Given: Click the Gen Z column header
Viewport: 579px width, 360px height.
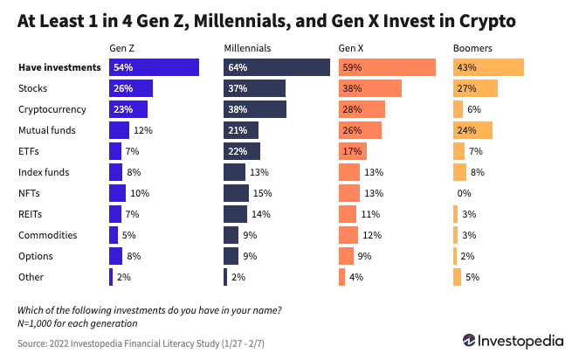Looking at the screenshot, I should pyautogui.click(x=121, y=48).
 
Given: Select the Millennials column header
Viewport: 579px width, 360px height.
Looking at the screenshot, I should pyautogui.click(x=247, y=48).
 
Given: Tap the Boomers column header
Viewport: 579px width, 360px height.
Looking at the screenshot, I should pyautogui.click(x=472, y=48).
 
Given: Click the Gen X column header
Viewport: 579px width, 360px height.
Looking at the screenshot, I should pyautogui.click(x=353, y=48).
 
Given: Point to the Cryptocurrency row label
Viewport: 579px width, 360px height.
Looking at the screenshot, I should pyautogui.click(x=52, y=109).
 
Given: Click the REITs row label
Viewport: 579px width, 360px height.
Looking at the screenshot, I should pyautogui.click(x=31, y=214).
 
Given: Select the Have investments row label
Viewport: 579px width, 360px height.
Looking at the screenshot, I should pyautogui.click(x=59, y=67).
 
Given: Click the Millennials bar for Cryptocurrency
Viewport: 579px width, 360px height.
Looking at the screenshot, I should pyautogui.click(x=255, y=109).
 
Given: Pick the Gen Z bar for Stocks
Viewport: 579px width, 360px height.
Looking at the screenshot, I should pyautogui.click(x=131, y=88).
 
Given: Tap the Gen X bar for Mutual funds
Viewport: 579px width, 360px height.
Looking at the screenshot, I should pyautogui.click(x=360, y=130).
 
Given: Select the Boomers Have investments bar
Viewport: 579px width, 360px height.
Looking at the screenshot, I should pyautogui.click(x=488, y=67).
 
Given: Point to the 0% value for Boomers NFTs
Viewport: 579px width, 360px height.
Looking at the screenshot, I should pyautogui.click(x=464, y=193).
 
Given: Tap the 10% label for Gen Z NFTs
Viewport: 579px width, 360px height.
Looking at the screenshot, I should pyautogui.click(x=140, y=193).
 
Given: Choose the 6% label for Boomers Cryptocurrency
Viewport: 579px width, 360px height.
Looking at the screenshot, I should pyautogui.click(x=474, y=109).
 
